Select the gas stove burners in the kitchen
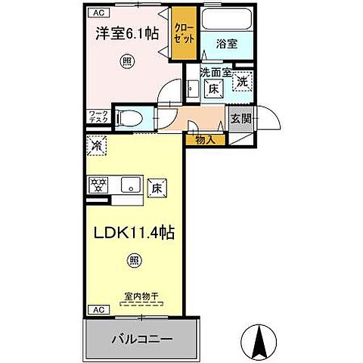pos(98,185)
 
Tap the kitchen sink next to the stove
pos(128,185)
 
